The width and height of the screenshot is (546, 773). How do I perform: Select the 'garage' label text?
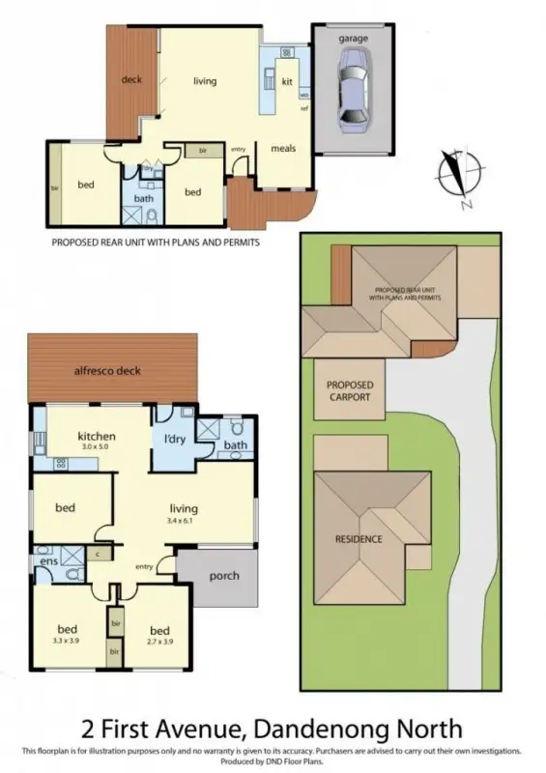pyautogui.click(x=353, y=37)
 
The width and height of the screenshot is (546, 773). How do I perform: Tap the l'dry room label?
pyautogui.click(x=174, y=440)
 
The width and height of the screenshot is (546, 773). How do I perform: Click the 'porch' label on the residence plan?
pyautogui.click(x=224, y=576)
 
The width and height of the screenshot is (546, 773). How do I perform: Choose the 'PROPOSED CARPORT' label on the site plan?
pyautogui.click(x=349, y=390)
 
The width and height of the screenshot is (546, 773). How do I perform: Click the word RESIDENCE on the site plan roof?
pyautogui.click(x=359, y=539)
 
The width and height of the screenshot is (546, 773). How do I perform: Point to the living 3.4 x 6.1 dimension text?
pyautogui.click(x=183, y=521)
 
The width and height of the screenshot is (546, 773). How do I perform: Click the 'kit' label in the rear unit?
pyautogui.click(x=286, y=83)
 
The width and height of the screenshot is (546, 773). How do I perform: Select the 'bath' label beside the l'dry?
pyautogui.click(x=236, y=445)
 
